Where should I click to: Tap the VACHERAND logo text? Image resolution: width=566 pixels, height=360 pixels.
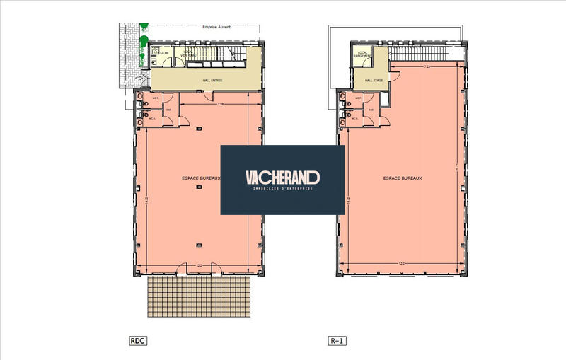282,177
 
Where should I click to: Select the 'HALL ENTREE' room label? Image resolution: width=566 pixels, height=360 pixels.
212,80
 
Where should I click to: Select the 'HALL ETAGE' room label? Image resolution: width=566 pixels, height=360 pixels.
373,81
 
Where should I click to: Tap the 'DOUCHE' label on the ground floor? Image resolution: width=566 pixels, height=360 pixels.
163,53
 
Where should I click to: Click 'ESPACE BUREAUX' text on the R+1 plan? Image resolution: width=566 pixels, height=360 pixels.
403,178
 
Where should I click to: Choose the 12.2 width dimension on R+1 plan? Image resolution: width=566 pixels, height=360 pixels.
403,263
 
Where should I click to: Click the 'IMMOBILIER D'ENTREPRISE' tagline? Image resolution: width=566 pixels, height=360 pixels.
282,189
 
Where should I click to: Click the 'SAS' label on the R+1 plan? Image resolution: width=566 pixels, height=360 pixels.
371,110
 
